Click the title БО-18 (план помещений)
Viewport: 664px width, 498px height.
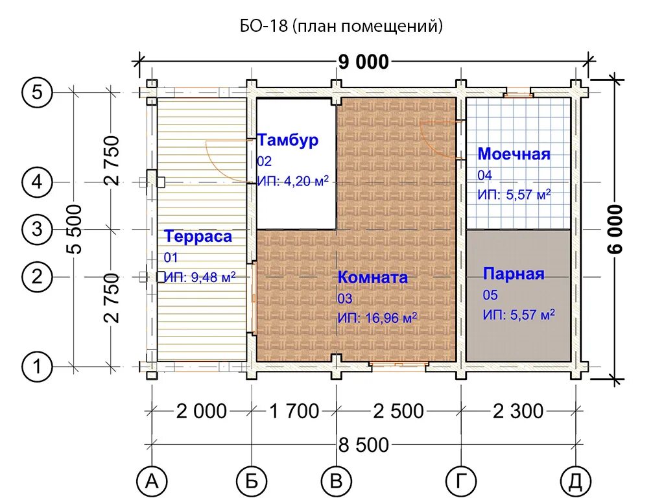341,27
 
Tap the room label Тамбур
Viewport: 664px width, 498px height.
288,140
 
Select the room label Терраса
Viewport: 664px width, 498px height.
198,236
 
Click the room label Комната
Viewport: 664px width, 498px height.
373,278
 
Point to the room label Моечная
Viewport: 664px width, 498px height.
514,154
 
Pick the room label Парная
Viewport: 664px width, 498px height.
514,274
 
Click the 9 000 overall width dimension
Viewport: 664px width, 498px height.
364,62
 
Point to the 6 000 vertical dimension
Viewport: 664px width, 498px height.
616,229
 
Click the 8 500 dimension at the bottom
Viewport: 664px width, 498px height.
364,445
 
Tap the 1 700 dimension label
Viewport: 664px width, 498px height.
294,411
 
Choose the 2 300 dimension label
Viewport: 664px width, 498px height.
518,411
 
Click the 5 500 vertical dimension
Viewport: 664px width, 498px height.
75,229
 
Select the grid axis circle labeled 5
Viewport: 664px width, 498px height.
37,92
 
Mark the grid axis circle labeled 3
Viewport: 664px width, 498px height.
37,230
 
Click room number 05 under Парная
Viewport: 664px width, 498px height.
490,295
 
